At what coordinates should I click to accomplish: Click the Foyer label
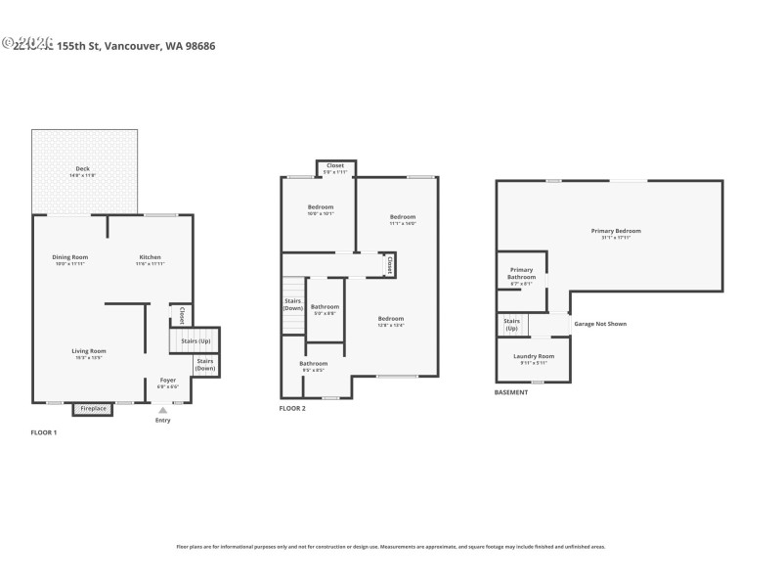[168, 381]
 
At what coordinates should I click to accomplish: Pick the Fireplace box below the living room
[93, 408]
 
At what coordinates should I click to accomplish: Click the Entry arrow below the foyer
[163, 410]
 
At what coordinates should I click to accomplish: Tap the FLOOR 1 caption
[44, 432]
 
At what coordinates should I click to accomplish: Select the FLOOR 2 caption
[292, 408]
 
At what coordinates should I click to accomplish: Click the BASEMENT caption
[512, 392]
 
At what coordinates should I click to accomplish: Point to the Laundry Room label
[534, 357]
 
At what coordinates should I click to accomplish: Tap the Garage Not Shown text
[600, 324]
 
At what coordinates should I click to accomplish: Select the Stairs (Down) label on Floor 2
[292, 304]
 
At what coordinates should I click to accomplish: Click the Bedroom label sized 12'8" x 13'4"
[390, 320]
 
